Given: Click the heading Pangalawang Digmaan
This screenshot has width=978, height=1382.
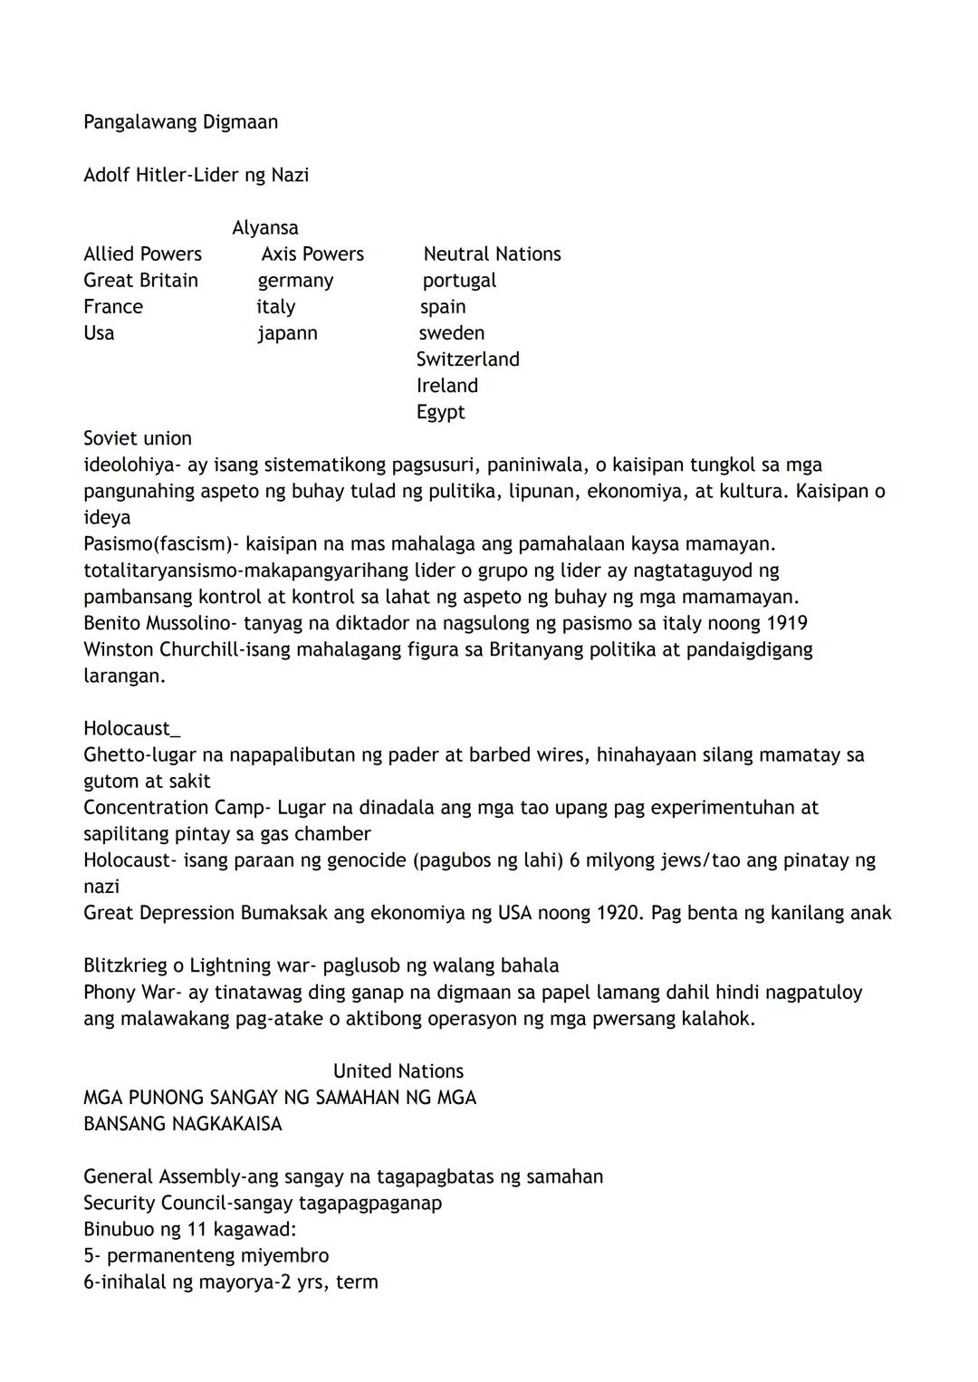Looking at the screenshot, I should point(180,122).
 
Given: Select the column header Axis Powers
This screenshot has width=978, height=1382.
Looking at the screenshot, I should point(312,254).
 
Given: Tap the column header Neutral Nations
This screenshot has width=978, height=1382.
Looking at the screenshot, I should point(492,254).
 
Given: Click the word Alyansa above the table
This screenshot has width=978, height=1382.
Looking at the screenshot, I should point(264,228).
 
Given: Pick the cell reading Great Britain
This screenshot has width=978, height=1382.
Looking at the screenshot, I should point(140,281).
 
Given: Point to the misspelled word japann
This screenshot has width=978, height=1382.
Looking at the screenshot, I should point(287,333).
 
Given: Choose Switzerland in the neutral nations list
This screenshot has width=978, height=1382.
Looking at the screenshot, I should point(467,360).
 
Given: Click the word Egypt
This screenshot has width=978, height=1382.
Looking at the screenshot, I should point(440,413).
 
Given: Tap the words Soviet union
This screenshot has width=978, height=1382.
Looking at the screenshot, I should point(138,438).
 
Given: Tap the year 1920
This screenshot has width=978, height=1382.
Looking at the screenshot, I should point(619,913).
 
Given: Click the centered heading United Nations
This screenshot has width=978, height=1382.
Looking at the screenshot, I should point(398,1071).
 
